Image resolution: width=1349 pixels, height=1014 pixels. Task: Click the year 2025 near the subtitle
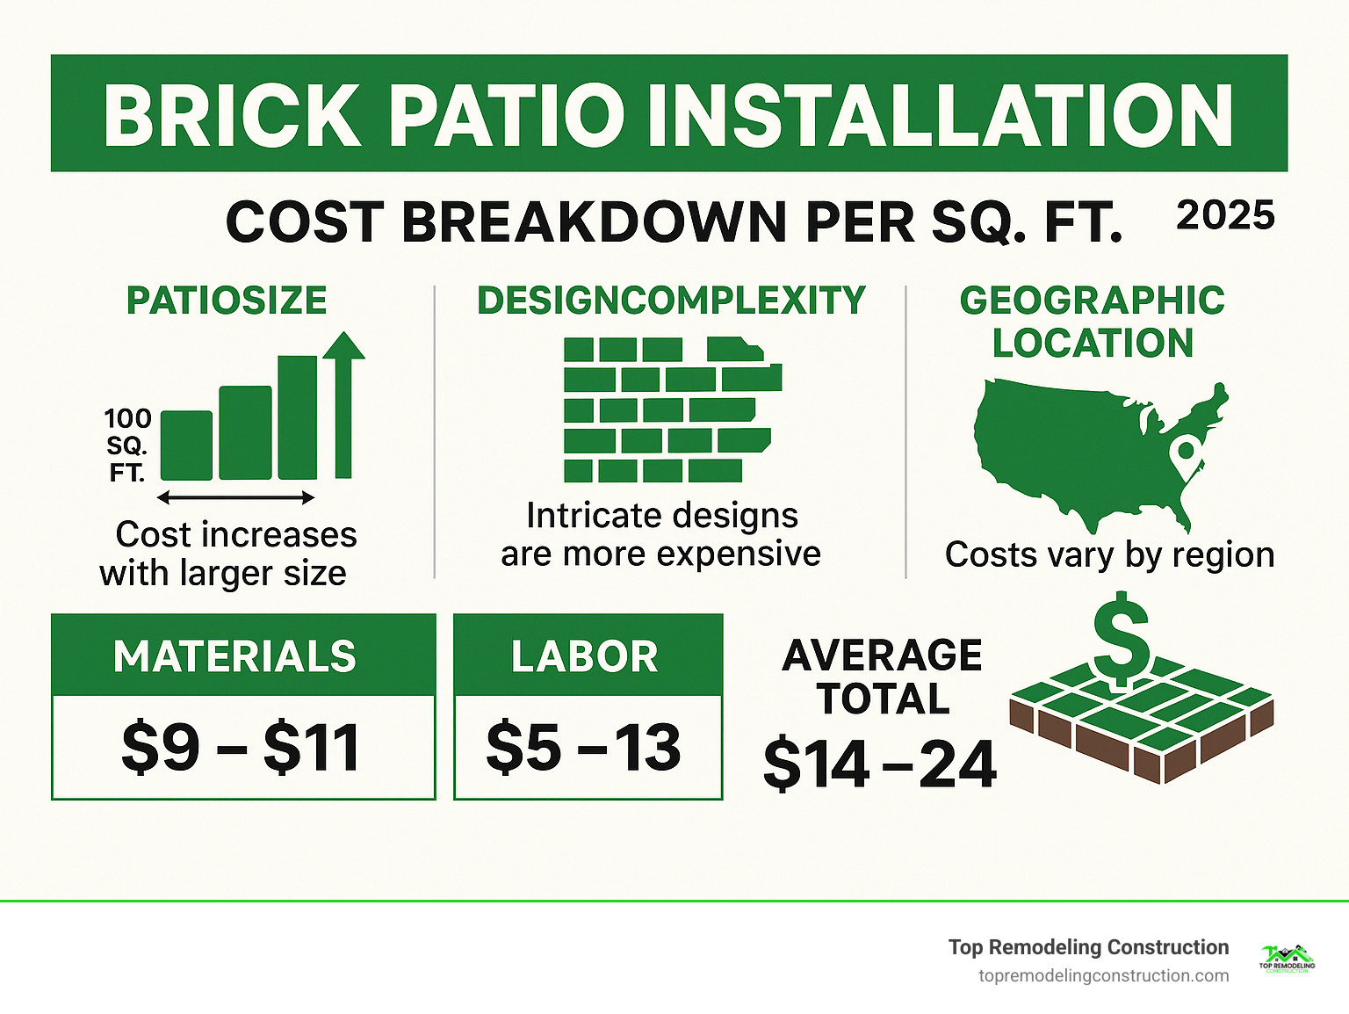[x=1225, y=216]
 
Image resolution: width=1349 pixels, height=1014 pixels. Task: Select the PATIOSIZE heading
[x=227, y=301]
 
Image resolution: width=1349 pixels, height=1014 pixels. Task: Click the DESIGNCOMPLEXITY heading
[x=671, y=301]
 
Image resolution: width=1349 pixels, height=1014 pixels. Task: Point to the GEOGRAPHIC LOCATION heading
[x=1092, y=322]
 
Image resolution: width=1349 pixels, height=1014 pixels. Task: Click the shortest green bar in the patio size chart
[x=186, y=445]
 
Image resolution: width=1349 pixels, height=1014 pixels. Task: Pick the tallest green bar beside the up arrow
[x=298, y=417]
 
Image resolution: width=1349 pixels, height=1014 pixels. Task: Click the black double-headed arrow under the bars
[x=235, y=498]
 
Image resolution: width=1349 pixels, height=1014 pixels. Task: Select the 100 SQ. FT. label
[x=127, y=445]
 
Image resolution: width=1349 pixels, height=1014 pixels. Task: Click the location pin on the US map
[x=1187, y=455]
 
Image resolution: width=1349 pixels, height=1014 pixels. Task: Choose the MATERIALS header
[x=235, y=656]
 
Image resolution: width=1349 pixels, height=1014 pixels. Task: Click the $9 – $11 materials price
[x=241, y=749]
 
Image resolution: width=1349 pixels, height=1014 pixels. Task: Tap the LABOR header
[x=585, y=656]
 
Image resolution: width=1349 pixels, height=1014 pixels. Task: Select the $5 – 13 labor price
[x=584, y=749]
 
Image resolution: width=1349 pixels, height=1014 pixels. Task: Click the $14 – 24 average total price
[x=879, y=764]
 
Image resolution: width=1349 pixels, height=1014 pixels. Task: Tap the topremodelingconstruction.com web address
[x=1103, y=976]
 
